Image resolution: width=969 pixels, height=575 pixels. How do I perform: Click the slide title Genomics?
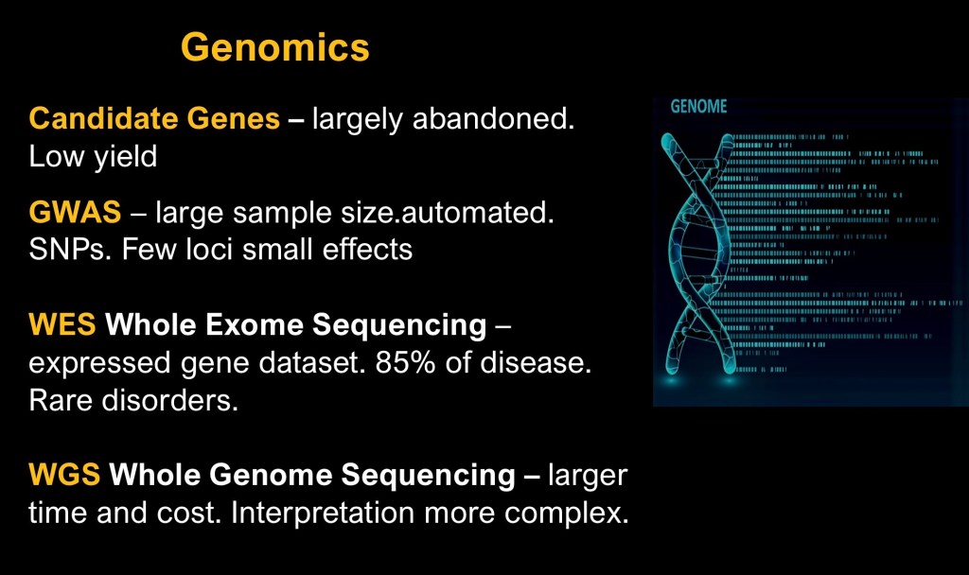pyautogui.click(x=275, y=48)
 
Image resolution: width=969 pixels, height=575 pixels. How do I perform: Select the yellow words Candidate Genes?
pyautogui.click(x=154, y=118)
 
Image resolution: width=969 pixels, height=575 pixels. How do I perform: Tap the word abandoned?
pyautogui.click(x=493, y=118)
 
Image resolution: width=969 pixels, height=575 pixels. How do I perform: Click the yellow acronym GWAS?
pyautogui.click(x=75, y=213)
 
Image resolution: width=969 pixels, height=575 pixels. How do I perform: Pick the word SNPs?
pyautogui.click(x=70, y=250)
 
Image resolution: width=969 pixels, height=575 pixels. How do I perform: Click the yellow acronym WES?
pyautogui.click(x=62, y=324)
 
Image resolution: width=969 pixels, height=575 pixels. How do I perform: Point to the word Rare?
pyautogui.click(x=61, y=400)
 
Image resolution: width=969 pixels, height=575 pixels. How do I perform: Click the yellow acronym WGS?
pyautogui.click(x=64, y=475)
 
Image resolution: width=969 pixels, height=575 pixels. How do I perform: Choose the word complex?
pyautogui.click(x=566, y=513)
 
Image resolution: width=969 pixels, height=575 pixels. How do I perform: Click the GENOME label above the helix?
pyautogui.click(x=698, y=106)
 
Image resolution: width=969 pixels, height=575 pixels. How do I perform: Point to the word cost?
pyautogui.click(x=188, y=513)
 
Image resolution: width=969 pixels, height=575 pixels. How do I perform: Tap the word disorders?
pyautogui.click(x=170, y=400)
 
